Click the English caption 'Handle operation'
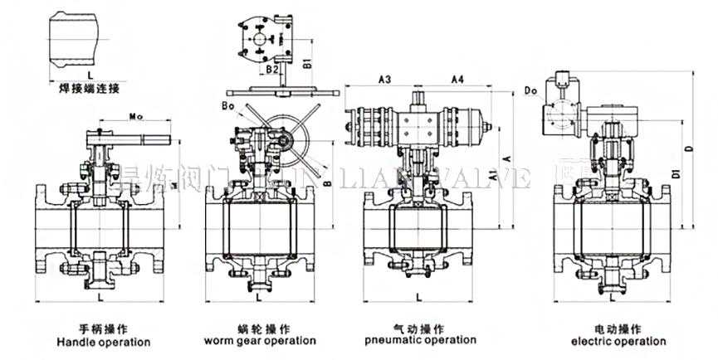103,342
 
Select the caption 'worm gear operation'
260,341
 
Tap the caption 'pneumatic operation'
420,340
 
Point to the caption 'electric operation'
618,341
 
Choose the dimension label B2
274,71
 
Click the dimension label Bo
228,105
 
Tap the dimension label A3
384,80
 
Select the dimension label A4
457,80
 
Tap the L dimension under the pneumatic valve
418,295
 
